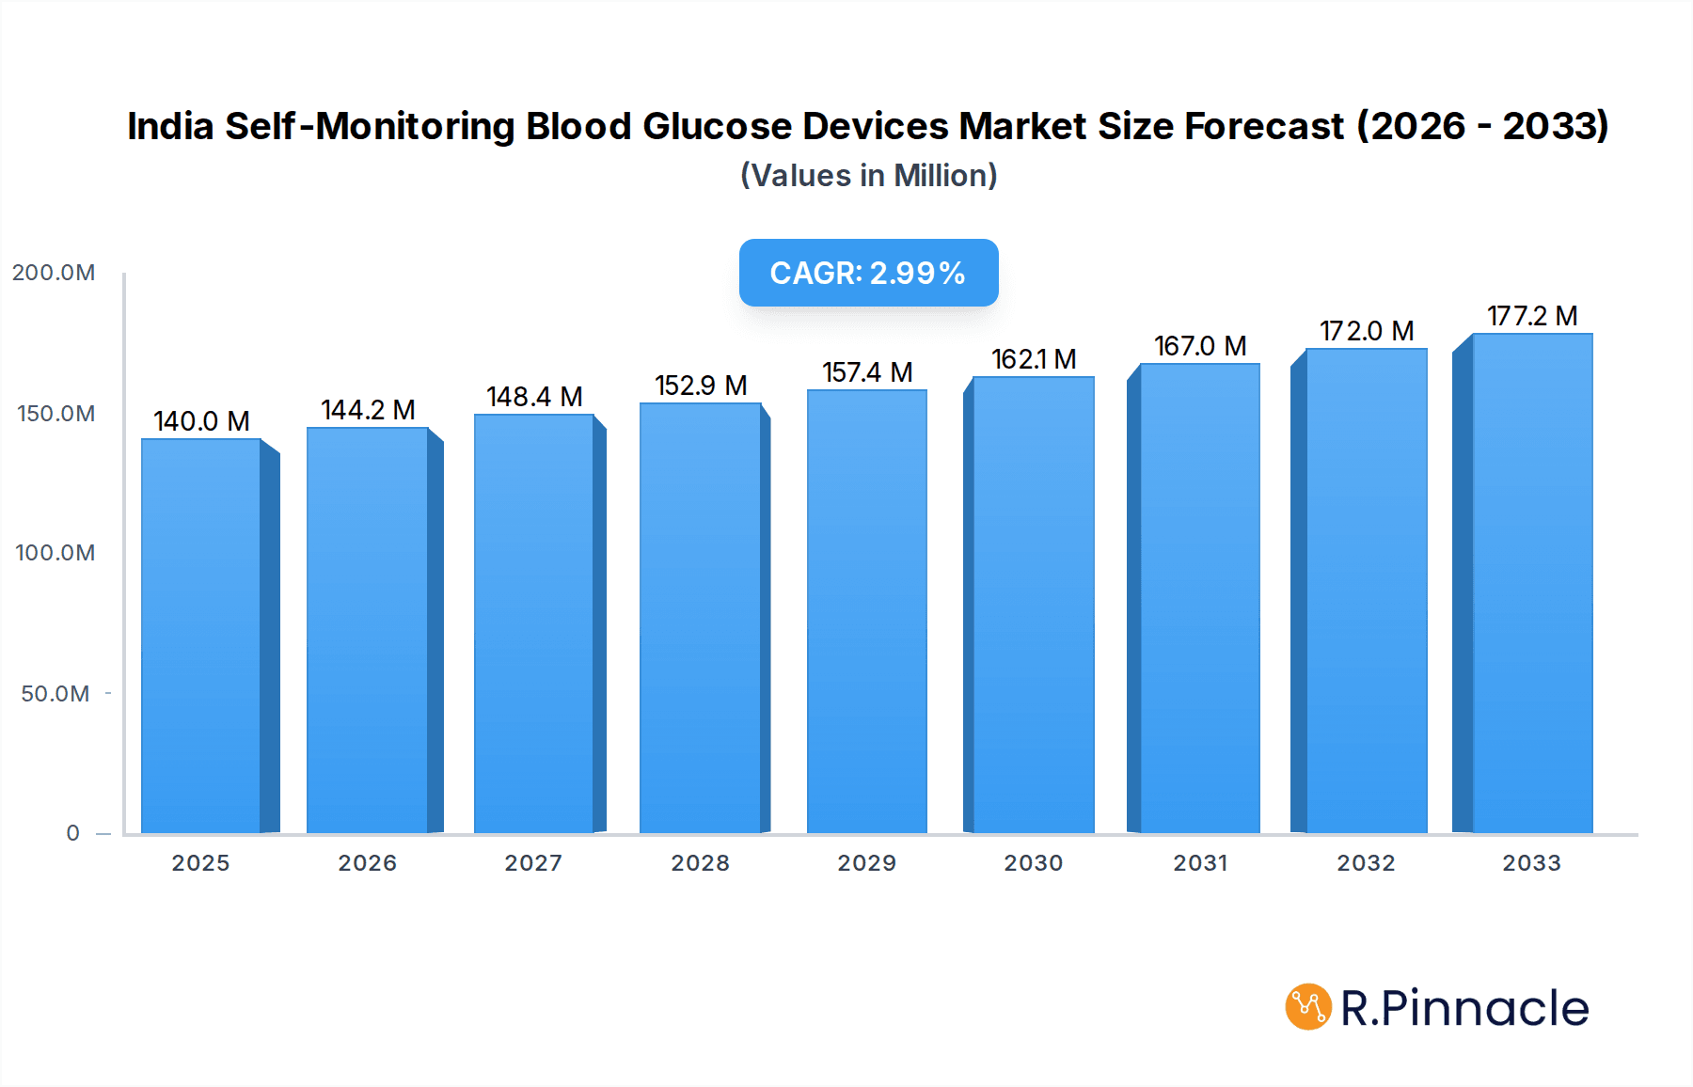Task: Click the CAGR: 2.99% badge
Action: click(x=868, y=273)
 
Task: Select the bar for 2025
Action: click(x=201, y=636)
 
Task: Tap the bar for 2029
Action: click(x=866, y=611)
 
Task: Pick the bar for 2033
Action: click(x=1531, y=583)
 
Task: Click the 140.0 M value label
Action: click(x=201, y=421)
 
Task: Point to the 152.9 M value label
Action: click(x=701, y=386)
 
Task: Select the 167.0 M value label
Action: click(x=1200, y=346)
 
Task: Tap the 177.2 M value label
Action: click(x=1531, y=316)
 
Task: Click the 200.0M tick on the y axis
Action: click(x=54, y=273)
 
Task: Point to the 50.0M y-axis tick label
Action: click(x=55, y=694)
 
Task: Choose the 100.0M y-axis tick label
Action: click(x=55, y=553)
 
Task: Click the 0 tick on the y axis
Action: click(x=72, y=833)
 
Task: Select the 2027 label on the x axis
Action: click(x=533, y=863)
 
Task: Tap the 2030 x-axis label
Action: click(x=1033, y=863)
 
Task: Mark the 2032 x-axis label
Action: click(x=1366, y=863)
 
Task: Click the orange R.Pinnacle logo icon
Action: click(x=1307, y=1007)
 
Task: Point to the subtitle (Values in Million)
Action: click(x=868, y=176)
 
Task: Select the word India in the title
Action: click(x=170, y=126)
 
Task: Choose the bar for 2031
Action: click(x=1199, y=598)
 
